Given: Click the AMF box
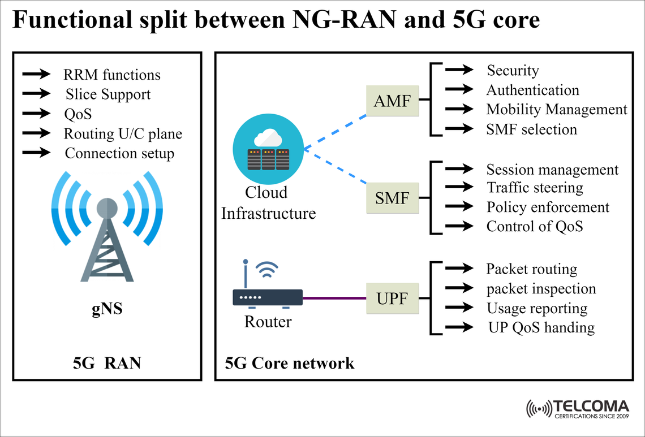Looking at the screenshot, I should (392, 101).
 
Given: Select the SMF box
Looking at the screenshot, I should (392, 198).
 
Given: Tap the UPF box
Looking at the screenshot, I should (392, 297).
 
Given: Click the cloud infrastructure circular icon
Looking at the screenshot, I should (268, 149).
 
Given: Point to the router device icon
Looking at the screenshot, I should (268, 296).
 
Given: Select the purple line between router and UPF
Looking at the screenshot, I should (334, 297).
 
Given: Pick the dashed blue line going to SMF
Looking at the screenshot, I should (335, 167).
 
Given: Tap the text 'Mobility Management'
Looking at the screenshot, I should (557, 110).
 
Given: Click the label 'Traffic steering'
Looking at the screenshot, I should (535, 187).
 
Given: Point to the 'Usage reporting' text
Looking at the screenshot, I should (536, 309).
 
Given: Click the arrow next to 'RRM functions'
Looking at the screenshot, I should (36, 74).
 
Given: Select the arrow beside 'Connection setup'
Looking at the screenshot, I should (36, 153).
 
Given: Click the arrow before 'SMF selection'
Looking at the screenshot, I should (459, 129).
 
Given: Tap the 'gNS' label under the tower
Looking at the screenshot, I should (107, 310).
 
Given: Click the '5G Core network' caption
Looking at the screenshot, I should (290, 362).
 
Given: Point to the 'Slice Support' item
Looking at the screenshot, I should (107, 94).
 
